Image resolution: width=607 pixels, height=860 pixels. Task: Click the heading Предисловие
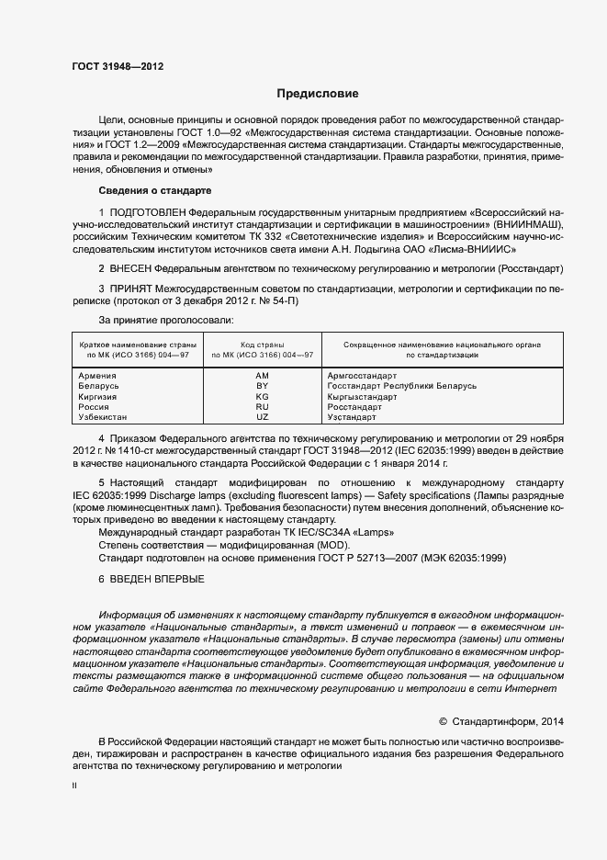pyautogui.click(x=319, y=94)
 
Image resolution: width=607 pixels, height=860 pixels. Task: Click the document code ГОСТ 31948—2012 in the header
pyautogui.click(x=118, y=66)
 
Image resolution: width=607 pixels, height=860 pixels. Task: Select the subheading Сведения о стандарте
pyautogui.click(x=154, y=190)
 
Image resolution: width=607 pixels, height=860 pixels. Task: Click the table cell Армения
pyautogui.click(x=97, y=376)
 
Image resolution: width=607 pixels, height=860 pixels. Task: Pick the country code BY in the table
pyautogui.click(x=263, y=386)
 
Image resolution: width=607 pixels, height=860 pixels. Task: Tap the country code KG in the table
pyautogui.click(x=263, y=396)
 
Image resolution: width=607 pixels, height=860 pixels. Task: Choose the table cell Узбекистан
pyautogui.click(x=105, y=416)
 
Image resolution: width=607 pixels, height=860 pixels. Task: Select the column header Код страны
pyautogui.click(x=263, y=344)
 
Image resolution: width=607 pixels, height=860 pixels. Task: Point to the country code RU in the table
pyautogui.click(x=263, y=406)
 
